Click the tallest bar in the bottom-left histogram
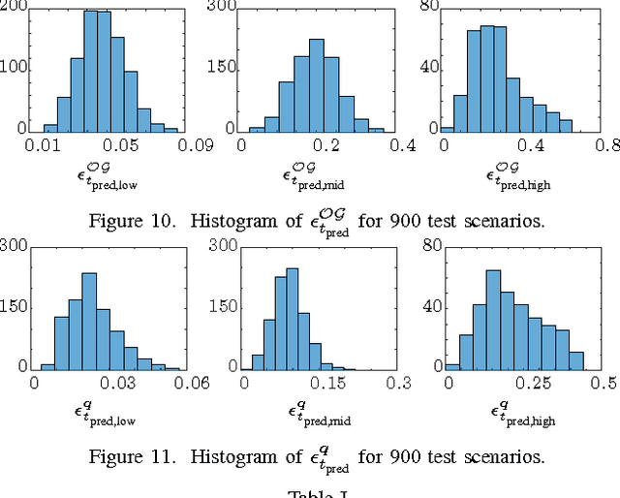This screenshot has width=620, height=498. tap(89, 320)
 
